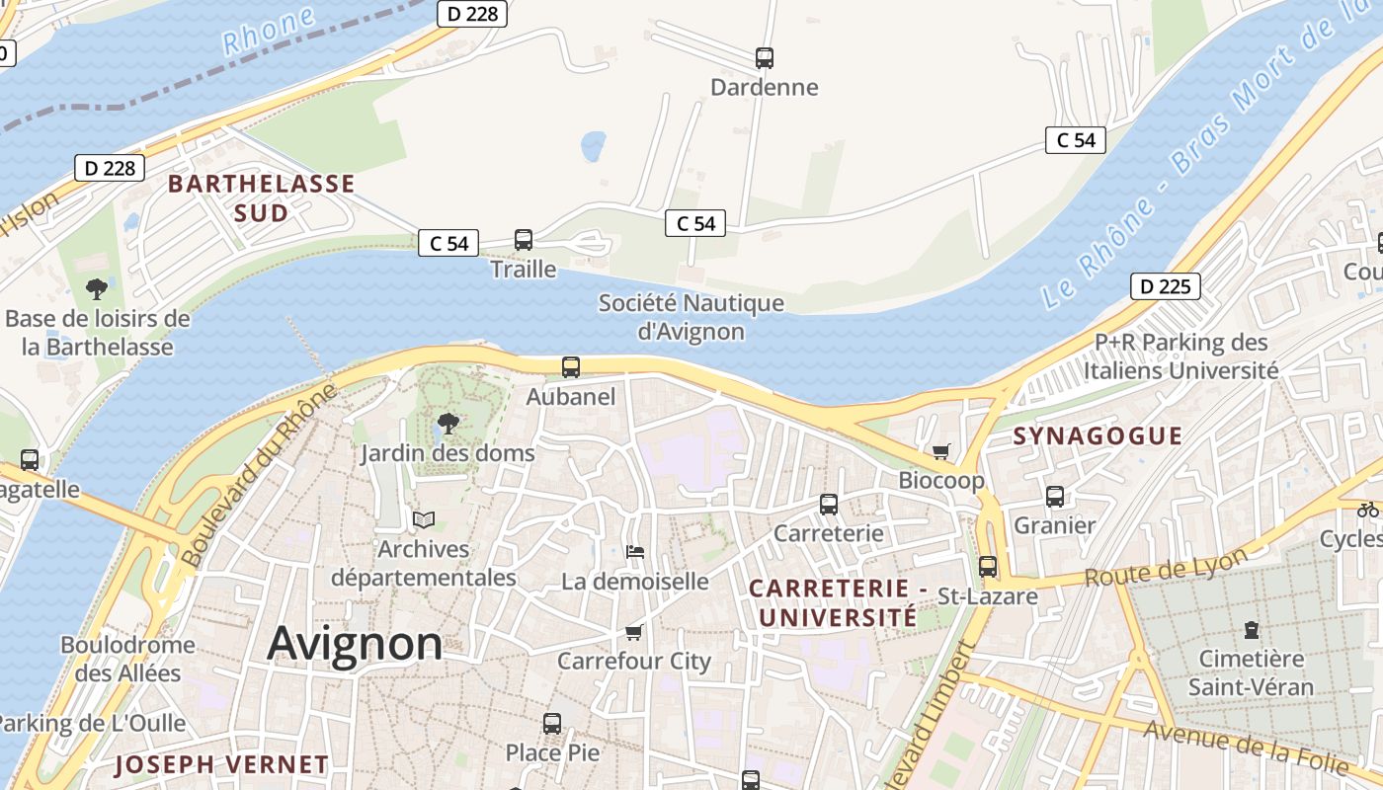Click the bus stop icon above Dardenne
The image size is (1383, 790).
[x=764, y=57]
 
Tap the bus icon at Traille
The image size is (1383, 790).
[x=524, y=240]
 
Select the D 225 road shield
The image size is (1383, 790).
[x=1165, y=286]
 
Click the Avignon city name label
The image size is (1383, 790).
[x=355, y=644]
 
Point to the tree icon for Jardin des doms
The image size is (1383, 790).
[x=448, y=424]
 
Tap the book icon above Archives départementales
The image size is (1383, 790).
[x=424, y=519]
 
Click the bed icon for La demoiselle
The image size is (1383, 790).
[x=635, y=551]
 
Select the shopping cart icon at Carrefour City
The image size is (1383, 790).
[x=633, y=632]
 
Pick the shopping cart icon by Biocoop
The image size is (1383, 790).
[x=940, y=451]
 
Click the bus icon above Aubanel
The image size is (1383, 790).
[x=571, y=367]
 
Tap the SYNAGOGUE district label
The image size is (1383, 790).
[x=1097, y=435]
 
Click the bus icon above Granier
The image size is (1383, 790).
[x=1055, y=496]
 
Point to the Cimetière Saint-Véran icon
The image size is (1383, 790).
[x=1252, y=629]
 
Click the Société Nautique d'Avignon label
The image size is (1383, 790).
[x=691, y=317]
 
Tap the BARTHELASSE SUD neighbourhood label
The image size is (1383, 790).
[x=261, y=197]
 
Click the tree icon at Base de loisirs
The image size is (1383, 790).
[x=97, y=289]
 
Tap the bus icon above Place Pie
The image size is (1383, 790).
[x=552, y=723]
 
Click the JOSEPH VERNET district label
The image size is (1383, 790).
[x=221, y=764]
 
